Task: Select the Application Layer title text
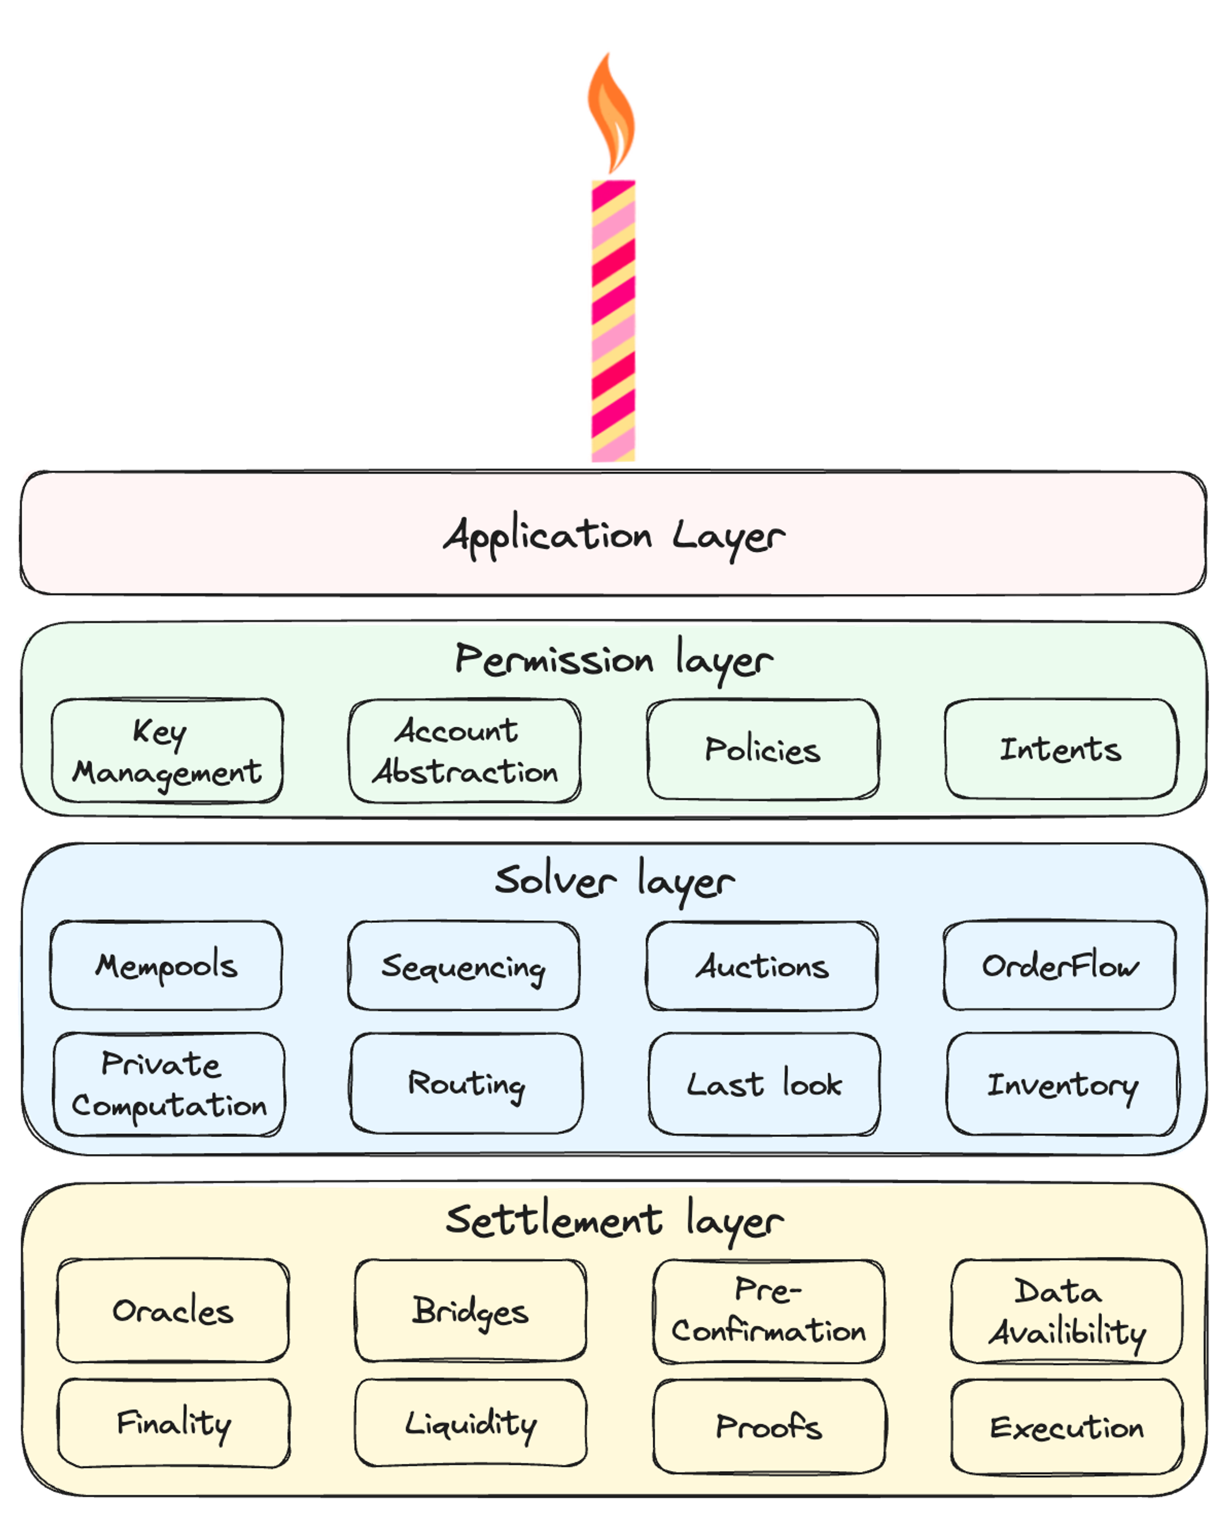(613, 536)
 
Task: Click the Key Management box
(167, 750)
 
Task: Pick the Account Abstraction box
(465, 750)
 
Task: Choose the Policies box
(763, 750)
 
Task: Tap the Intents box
(1061, 749)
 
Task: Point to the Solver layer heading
(614, 882)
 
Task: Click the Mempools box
(166, 966)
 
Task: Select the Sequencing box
(464, 966)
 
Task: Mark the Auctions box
(762, 966)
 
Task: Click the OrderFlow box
(1060, 966)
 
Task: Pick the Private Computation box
(169, 1085)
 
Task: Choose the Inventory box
(1063, 1084)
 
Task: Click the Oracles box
(173, 1311)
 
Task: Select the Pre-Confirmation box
(769, 1312)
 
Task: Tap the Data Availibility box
(1066, 1311)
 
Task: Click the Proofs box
(769, 1426)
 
